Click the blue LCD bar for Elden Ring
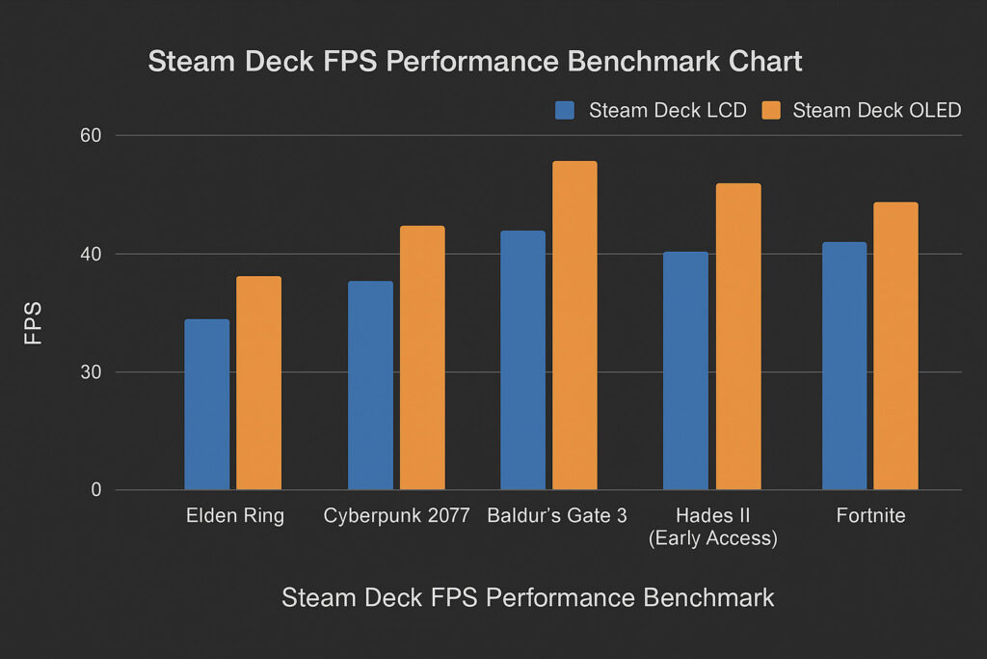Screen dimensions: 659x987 tap(206, 404)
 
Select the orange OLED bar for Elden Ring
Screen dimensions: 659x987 tap(258, 383)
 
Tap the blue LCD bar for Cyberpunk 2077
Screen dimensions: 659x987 tap(370, 385)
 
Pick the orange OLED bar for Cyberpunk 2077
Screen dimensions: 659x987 tap(422, 358)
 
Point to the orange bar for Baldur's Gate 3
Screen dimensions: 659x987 tap(574, 325)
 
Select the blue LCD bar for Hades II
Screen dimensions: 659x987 tap(685, 371)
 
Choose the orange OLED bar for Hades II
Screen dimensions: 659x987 tap(737, 337)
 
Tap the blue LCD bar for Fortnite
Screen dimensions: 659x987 tap(844, 366)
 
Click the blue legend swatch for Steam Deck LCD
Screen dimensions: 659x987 tap(565, 110)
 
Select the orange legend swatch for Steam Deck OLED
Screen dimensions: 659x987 tap(769, 110)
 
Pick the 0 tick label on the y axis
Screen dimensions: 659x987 tap(96, 490)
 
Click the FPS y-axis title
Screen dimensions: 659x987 tap(34, 323)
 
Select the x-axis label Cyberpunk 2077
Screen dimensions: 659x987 tap(396, 515)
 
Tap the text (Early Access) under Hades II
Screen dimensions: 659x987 tap(712, 538)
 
